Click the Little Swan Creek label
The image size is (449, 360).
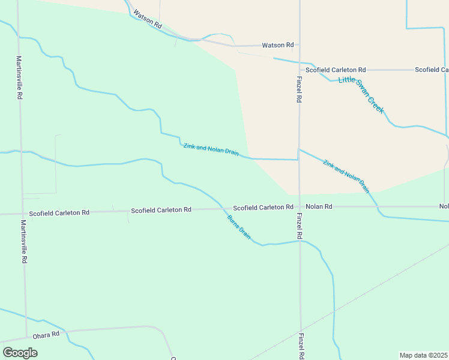click(361, 95)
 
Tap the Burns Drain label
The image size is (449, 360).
click(238, 227)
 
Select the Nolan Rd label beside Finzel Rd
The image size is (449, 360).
click(318, 206)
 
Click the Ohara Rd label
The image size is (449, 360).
click(46, 334)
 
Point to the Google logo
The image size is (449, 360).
click(20, 352)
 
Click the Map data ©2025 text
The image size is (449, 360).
click(423, 355)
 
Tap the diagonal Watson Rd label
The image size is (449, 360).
click(148, 19)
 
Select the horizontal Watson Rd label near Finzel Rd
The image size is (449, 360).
click(277, 45)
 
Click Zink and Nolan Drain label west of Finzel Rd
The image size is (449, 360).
click(211, 148)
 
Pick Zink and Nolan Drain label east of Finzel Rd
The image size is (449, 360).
click(346, 176)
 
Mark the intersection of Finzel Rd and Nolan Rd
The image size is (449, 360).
click(300, 206)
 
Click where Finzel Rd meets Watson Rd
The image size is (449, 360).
click(299, 46)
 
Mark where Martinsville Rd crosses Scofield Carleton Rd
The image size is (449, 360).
click(23, 213)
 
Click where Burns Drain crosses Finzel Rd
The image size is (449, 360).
click(300, 241)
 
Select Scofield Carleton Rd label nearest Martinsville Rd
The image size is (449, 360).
click(59, 212)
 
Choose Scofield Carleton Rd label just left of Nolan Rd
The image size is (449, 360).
click(263, 207)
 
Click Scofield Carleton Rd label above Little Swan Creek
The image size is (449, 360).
click(336, 70)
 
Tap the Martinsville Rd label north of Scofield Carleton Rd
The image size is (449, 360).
click(19, 77)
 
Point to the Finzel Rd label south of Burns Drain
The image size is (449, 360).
click(300, 346)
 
